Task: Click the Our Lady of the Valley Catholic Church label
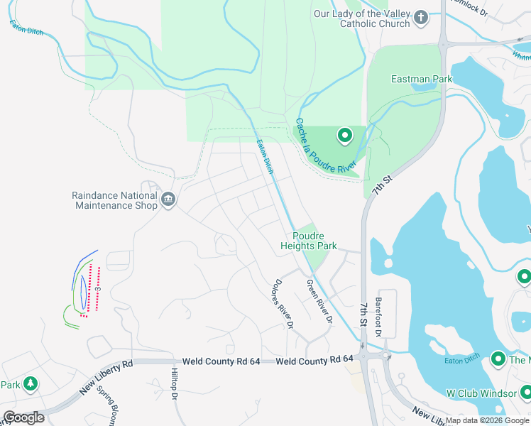tap(362, 18)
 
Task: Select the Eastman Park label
tap(422, 80)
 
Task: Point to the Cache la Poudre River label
tap(325, 146)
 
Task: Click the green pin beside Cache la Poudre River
tap(344, 134)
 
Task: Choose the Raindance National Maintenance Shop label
tap(114, 200)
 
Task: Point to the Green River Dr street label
tap(319, 302)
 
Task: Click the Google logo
tap(23, 417)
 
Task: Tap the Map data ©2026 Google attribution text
tap(486, 420)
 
